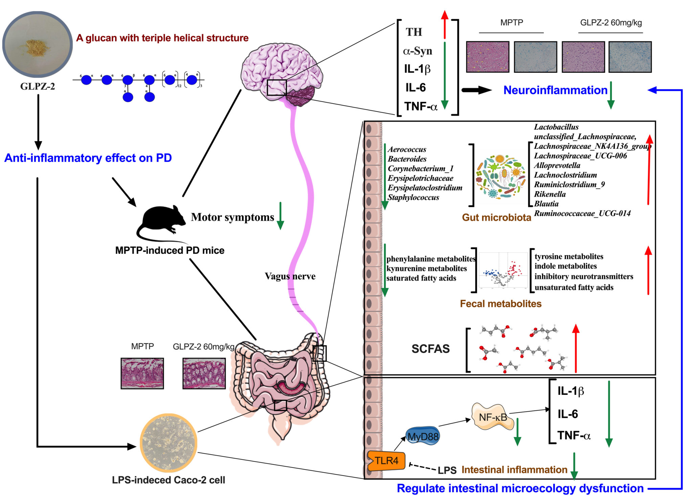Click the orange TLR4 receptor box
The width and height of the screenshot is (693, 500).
point(386,460)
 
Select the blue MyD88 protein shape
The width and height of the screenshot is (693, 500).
point(423,436)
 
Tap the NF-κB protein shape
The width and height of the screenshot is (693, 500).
point(493,417)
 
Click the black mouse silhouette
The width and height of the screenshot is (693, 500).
point(162,220)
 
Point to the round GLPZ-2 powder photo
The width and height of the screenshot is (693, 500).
point(37,44)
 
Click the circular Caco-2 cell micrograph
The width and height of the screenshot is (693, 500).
point(169,442)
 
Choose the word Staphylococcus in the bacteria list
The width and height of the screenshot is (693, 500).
point(413,197)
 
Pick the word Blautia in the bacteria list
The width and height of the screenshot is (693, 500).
point(546,204)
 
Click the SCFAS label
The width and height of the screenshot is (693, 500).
point(430,349)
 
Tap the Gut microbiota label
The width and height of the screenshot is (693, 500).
point(496,218)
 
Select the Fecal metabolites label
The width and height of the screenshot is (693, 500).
point(500,304)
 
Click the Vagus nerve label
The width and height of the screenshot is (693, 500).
point(290,276)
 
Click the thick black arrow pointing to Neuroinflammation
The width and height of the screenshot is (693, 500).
point(476,90)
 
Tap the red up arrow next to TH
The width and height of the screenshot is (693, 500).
point(445,24)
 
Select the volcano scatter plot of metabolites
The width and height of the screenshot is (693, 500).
point(503,270)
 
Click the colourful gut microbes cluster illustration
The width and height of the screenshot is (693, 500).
point(500,177)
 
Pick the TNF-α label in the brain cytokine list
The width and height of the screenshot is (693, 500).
point(421,107)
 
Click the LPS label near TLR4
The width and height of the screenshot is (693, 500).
point(447,470)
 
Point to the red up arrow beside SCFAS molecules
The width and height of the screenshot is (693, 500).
point(576,348)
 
